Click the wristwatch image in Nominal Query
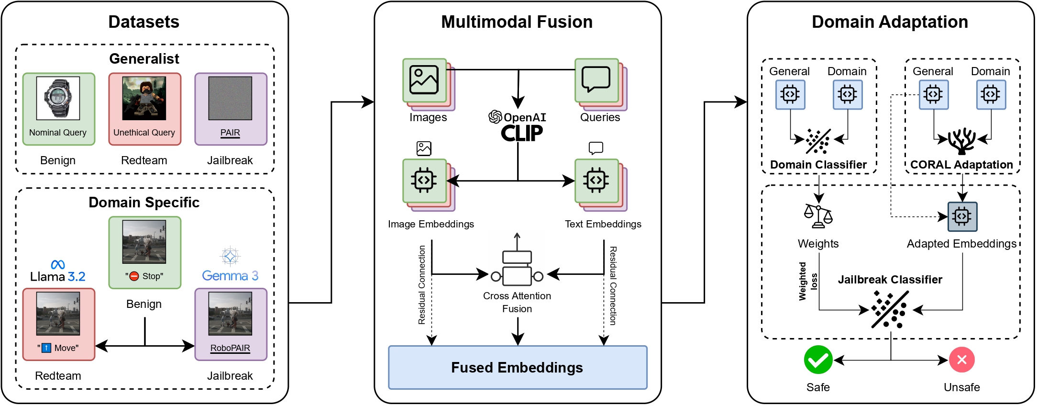[58, 99]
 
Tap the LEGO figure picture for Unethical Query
[144, 99]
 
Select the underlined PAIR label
[230, 133]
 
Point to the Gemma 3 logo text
[230, 276]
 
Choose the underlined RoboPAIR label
[230, 348]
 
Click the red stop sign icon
[134, 276]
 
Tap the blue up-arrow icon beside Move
[46, 348]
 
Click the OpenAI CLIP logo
[518, 127]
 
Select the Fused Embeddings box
[518, 367]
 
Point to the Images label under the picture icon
[428, 117]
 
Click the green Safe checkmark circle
[818, 360]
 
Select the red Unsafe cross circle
[962, 360]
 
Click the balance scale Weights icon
[818, 216]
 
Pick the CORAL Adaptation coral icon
[962, 141]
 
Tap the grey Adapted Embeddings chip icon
[962, 216]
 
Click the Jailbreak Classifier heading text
[890, 280]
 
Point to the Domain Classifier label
[818, 165]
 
